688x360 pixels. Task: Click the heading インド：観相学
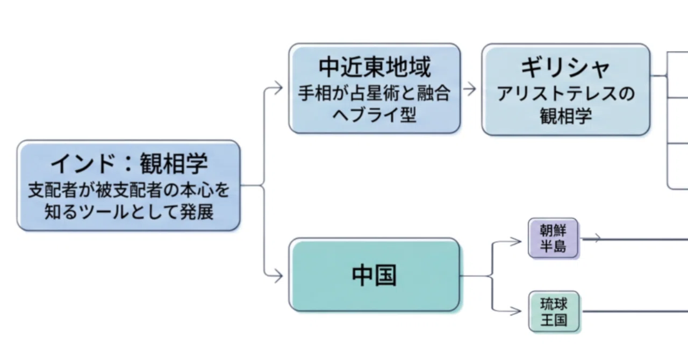(x=129, y=163)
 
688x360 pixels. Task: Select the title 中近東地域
(x=375, y=67)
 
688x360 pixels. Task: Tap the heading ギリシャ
(x=565, y=68)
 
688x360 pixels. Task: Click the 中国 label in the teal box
(x=374, y=276)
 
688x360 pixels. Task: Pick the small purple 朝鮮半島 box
(x=553, y=238)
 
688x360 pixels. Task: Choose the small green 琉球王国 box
(x=554, y=312)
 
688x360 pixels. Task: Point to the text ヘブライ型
(x=375, y=115)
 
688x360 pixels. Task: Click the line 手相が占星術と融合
(x=375, y=93)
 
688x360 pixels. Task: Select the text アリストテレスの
(x=566, y=93)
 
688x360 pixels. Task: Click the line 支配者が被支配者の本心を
(x=128, y=190)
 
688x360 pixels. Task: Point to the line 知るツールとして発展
(x=129, y=212)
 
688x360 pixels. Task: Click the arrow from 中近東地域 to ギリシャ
(x=469, y=89)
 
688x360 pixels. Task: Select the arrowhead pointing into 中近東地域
(x=279, y=88)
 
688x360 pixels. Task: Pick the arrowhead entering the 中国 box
(x=279, y=276)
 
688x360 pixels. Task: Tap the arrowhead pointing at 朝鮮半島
(x=517, y=241)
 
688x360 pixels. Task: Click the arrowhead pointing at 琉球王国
(x=517, y=311)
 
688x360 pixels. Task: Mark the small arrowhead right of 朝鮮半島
(x=597, y=238)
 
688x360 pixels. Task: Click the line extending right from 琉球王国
(x=635, y=312)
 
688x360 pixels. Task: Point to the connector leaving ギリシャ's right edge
(x=658, y=76)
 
